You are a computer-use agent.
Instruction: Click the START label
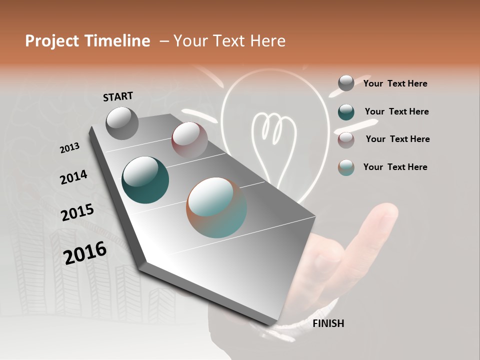(x=118, y=96)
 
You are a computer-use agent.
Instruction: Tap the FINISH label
(x=328, y=323)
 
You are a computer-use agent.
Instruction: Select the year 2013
(x=69, y=148)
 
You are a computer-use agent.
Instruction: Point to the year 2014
(x=73, y=177)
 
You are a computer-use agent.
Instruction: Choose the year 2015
(x=77, y=212)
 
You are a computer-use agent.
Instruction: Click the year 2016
(x=85, y=252)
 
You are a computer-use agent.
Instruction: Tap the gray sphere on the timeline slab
(x=122, y=123)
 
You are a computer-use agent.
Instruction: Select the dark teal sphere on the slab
(x=145, y=180)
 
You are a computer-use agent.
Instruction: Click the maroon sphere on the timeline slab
(x=189, y=140)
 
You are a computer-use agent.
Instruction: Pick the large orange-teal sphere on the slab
(x=216, y=207)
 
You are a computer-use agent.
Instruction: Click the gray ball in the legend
(x=346, y=83)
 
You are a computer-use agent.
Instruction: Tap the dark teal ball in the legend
(x=346, y=112)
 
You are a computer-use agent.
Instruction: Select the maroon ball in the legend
(x=346, y=139)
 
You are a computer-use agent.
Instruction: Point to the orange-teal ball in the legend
(x=346, y=167)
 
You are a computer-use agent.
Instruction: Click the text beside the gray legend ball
(x=395, y=83)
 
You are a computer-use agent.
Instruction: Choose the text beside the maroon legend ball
(x=397, y=139)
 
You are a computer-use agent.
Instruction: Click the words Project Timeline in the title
(x=87, y=41)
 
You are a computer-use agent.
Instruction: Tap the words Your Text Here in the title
(x=229, y=41)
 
